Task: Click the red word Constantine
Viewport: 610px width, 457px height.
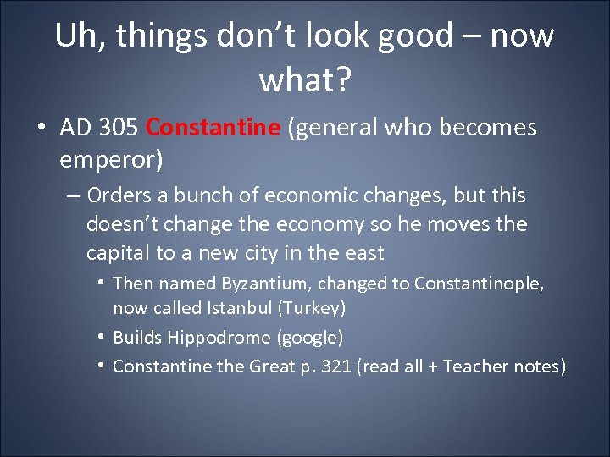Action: [x=213, y=128]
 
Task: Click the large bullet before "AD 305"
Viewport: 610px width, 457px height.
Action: [x=42, y=129]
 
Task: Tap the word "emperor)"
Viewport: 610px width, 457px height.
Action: [x=111, y=158]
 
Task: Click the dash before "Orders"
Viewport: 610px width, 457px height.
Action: [x=72, y=195]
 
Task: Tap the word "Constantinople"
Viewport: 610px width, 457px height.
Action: [x=480, y=284]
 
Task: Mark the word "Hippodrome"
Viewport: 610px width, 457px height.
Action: [x=220, y=338]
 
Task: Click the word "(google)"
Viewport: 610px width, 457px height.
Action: [x=310, y=338]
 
